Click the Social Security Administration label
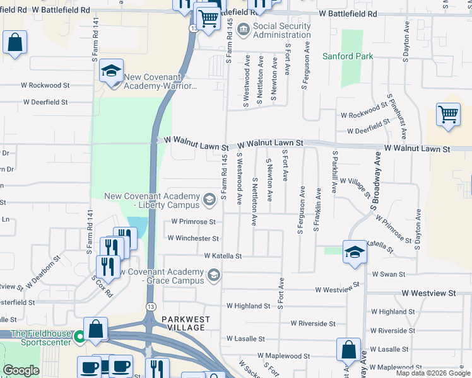282,31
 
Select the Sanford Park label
348,56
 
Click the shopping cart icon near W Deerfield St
448,115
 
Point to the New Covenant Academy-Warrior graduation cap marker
111,71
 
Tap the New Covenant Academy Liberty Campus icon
209,200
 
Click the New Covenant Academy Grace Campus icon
214,275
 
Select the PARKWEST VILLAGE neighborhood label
184,323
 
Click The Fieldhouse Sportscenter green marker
80,337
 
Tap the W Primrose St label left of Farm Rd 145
194,222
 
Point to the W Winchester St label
193,239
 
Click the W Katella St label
223,256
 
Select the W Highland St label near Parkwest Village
248,306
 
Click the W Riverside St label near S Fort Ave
313,323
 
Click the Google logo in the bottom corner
21,370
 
